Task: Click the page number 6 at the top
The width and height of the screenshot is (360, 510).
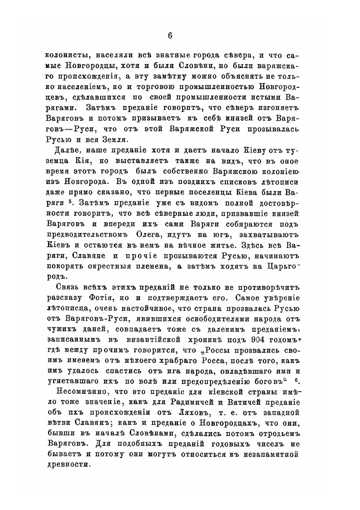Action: pyautogui.click(x=170, y=36)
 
